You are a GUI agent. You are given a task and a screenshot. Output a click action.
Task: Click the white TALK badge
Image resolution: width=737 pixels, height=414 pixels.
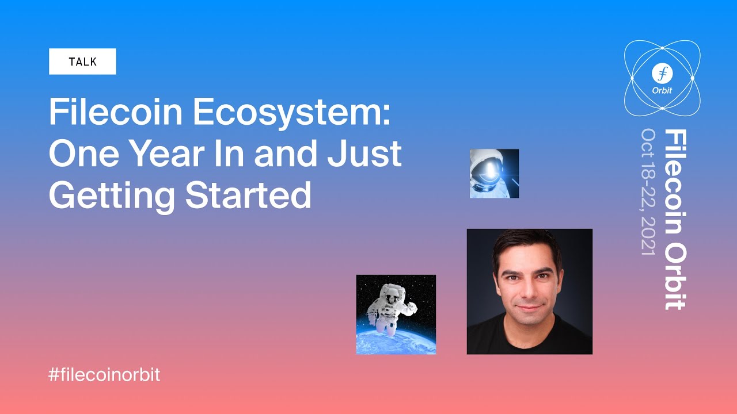82,62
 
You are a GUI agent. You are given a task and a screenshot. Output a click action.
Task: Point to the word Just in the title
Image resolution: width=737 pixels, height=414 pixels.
367,154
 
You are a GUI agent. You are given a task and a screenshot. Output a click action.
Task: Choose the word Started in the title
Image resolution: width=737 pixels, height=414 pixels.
248,195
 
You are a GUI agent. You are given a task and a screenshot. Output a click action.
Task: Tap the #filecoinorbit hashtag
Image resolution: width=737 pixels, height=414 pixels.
104,375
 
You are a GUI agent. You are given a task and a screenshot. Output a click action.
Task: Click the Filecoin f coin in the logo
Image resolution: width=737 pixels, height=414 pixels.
662,73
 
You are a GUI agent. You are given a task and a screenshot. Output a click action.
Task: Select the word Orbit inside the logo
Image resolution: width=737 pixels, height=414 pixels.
662,90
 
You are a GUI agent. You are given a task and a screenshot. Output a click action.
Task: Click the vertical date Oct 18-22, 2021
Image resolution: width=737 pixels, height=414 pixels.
648,193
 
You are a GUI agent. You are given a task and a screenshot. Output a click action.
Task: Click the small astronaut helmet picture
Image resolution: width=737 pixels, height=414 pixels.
494,174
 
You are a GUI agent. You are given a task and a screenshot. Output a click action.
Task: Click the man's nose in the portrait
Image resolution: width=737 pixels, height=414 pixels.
527,290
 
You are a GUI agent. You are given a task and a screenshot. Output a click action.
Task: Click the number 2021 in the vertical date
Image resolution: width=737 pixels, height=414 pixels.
648,236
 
